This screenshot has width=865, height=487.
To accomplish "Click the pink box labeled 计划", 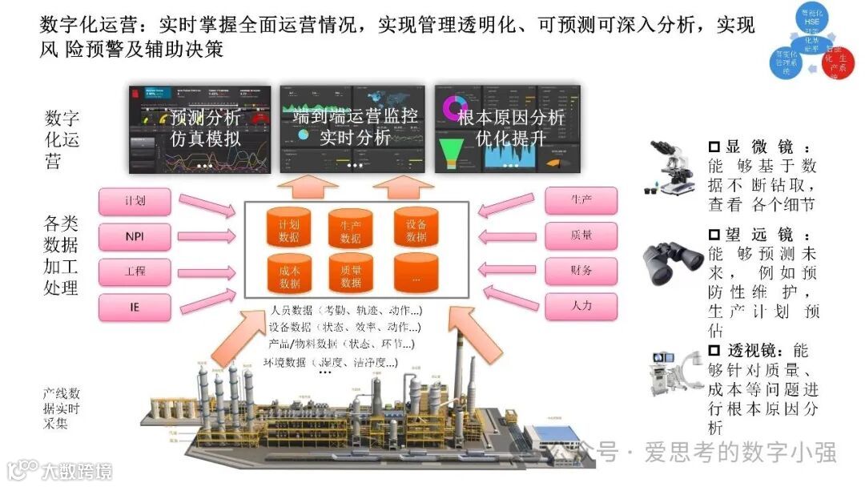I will point(135,200).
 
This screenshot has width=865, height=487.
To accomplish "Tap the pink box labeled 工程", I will point(135,271).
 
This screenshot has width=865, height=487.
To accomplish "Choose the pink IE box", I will point(135,306).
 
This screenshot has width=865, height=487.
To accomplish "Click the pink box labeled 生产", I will point(581,200).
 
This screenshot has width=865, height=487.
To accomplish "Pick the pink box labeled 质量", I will point(581,235).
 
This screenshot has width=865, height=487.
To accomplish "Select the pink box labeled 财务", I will point(581,271).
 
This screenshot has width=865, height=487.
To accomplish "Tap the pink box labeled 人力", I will point(581,306).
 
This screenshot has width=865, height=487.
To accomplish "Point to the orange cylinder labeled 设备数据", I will point(416,228).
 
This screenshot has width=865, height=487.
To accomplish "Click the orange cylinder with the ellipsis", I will point(416,274).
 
